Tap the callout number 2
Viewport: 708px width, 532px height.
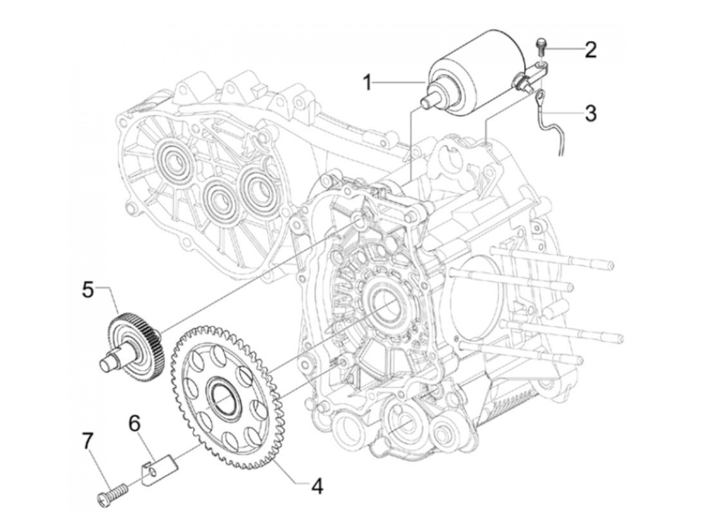coord(590,50)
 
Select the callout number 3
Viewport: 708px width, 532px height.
coord(590,113)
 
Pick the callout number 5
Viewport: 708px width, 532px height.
coord(88,291)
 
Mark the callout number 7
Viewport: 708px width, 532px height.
coord(88,442)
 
